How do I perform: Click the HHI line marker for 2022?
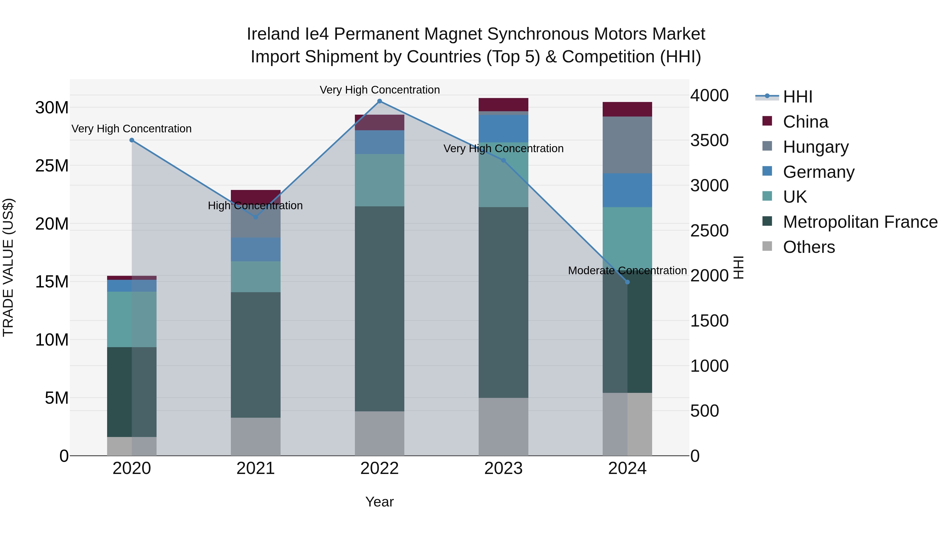coord(379,101)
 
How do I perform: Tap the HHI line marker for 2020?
coord(132,140)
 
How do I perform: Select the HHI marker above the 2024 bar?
coord(627,282)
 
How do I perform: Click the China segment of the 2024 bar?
coord(627,109)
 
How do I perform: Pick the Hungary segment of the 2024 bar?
coord(627,145)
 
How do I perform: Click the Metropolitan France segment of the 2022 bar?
coord(379,308)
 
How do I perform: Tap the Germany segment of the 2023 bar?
coord(503,128)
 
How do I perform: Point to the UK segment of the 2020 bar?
coord(132,319)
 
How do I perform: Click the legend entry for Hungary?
coord(815,147)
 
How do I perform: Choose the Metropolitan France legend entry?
coord(860,222)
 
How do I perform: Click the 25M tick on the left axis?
coord(52,166)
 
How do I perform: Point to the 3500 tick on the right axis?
coord(709,140)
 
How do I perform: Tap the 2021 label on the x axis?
coord(255,468)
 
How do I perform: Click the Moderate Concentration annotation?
coord(627,271)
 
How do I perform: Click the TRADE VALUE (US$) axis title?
coord(8,267)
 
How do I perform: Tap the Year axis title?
coord(379,502)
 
